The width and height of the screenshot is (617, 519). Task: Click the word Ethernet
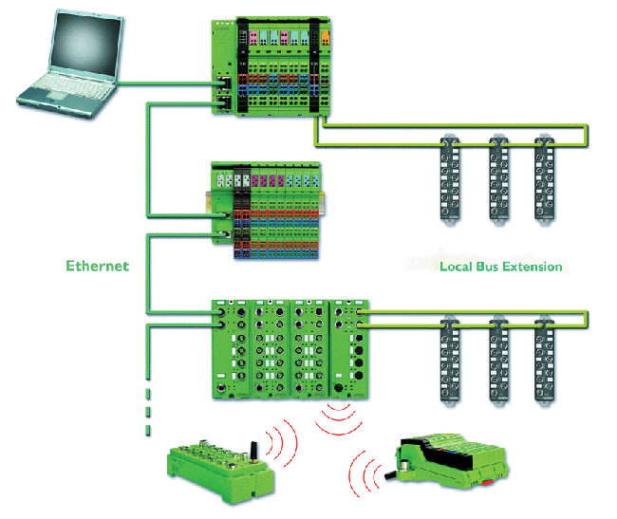tap(97, 266)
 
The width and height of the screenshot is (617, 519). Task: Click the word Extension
tap(534, 267)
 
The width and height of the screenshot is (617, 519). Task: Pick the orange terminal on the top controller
tap(326, 37)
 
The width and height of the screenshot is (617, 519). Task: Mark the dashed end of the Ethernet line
tap(148, 408)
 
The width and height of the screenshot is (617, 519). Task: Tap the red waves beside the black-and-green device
tap(365, 471)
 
